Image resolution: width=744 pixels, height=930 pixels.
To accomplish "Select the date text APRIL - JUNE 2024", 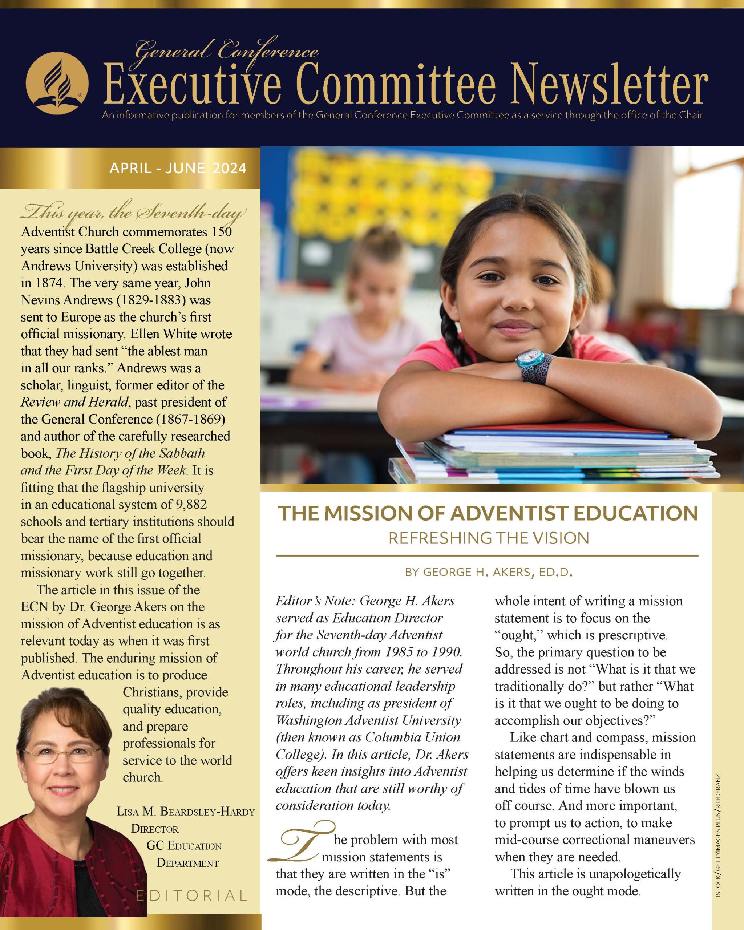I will [x=178, y=168].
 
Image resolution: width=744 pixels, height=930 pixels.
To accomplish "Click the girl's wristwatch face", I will [x=527, y=359].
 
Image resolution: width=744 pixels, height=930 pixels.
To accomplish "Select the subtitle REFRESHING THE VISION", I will [x=489, y=538].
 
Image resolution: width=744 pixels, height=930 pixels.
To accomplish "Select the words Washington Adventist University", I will [x=368, y=720].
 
